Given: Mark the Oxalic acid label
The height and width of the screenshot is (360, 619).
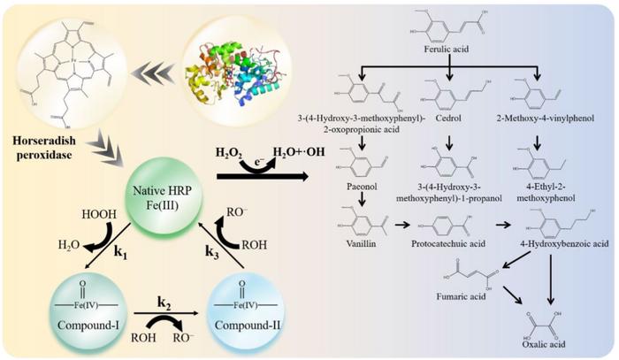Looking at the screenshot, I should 542,346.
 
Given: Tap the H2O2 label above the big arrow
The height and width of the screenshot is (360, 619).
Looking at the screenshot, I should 233,153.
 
